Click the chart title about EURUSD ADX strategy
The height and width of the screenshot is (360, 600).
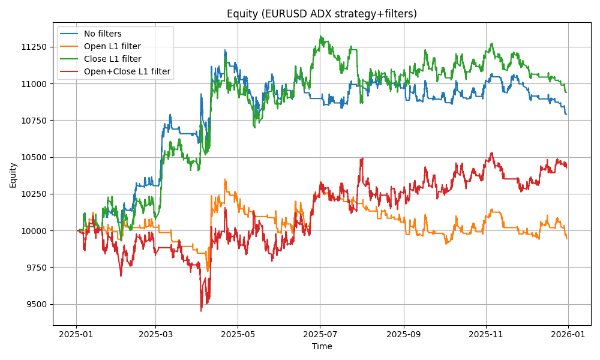pos(322,14)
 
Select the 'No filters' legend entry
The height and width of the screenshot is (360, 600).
pos(103,34)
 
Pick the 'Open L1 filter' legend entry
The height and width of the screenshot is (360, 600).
pos(112,46)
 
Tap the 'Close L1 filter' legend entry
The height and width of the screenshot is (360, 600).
pos(113,59)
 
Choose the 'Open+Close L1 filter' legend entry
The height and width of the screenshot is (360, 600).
pos(127,71)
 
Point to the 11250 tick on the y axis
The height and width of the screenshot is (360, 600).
pos(34,47)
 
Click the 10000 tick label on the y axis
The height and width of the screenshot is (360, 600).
pos(34,230)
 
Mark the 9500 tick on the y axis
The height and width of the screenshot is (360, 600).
pos(35,304)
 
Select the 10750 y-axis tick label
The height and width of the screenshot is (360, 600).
pos(34,121)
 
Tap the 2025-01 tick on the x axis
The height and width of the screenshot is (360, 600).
pos(76,334)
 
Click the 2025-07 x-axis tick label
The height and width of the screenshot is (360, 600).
pos(320,334)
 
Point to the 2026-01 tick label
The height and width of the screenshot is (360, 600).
pos(568,334)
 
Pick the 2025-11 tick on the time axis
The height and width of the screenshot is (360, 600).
pos(486,334)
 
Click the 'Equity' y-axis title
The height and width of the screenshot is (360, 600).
pos(13,174)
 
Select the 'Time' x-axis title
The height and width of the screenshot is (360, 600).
pos(322,346)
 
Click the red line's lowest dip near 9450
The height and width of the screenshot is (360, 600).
pos(201,310)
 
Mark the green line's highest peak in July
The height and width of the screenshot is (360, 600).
pos(320,36)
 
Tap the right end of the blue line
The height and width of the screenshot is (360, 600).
pos(566,114)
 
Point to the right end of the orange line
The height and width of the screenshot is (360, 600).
pos(566,238)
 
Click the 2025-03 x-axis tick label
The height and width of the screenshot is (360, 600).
pos(155,334)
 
